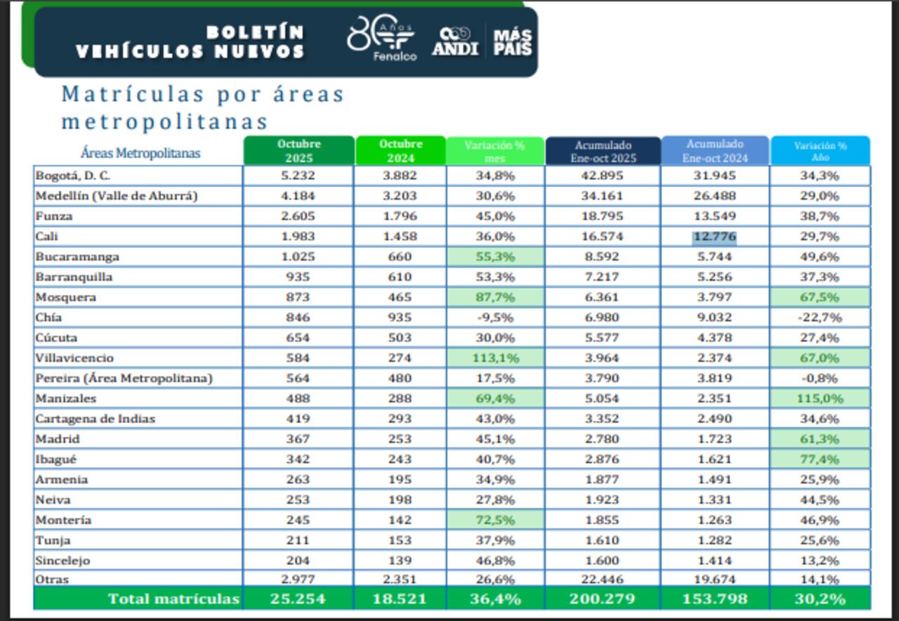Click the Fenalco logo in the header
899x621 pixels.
pyautogui.click(x=383, y=39)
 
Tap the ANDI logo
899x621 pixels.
pyautogui.click(x=455, y=42)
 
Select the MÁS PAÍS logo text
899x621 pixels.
pyautogui.click(x=512, y=42)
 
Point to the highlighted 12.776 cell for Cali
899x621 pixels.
pyautogui.click(x=714, y=237)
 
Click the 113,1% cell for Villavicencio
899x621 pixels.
pyautogui.click(x=494, y=358)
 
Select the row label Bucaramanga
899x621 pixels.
pyautogui.click(x=77, y=257)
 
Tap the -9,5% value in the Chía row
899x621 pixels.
pyautogui.click(x=494, y=318)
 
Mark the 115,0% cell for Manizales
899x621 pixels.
pyautogui.click(x=820, y=399)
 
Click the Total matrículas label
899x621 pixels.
pyautogui.click(x=173, y=599)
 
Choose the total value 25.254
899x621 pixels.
pyautogui.click(x=298, y=599)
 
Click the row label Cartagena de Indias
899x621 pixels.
pyautogui.click(x=95, y=419)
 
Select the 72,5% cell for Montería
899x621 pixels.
pyautogui.click(x=494, y=521)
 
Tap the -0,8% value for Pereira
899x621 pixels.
pyautogui.click(x=820, y=379)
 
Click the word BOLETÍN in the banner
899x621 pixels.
pyautogui.click(x=255, y=32)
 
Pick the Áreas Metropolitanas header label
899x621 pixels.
pyautogui.click(x=140, y=153)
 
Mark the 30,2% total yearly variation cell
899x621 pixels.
pyautogui.click(x=820, y=599)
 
